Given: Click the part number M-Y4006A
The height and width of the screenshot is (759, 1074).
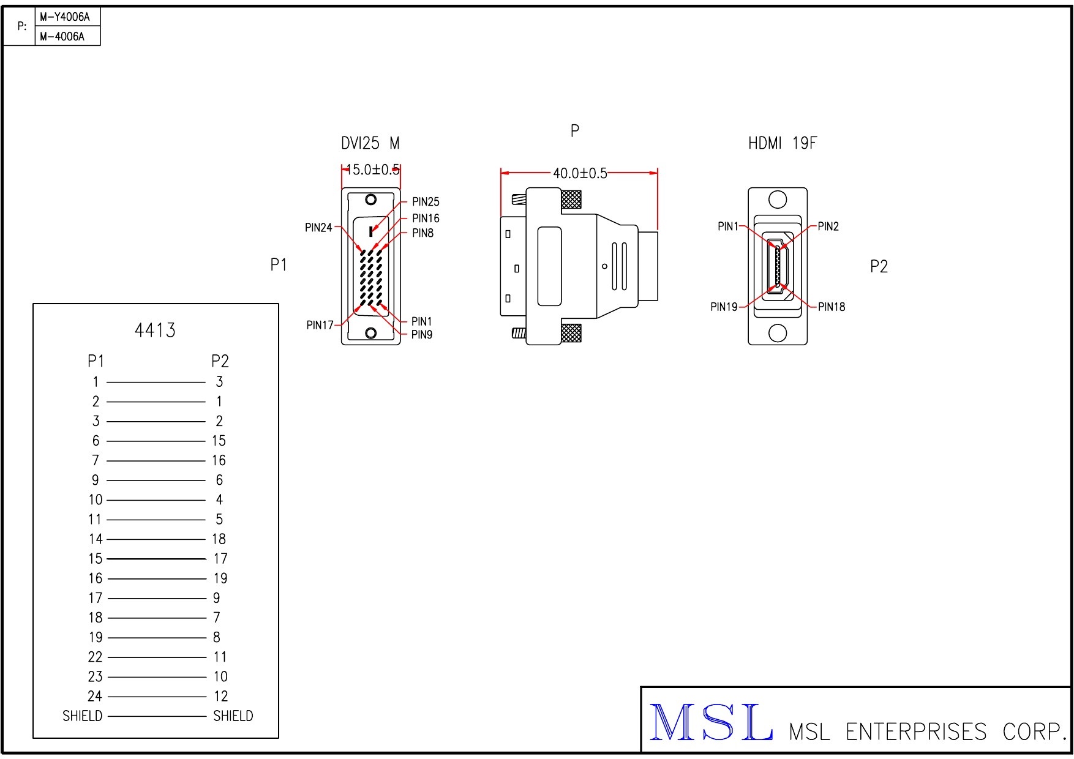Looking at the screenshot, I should (x=64, y=17).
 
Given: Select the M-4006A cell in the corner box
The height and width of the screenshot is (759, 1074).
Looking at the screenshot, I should (x=62, y=36).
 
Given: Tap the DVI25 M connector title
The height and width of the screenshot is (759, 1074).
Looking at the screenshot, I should (x=370, y=143).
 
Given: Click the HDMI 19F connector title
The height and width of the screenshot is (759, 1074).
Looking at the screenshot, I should (x=782, y=143).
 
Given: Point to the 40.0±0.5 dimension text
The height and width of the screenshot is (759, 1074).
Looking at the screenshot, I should (x=579, y=173).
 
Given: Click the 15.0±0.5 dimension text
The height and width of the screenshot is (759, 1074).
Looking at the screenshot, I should (x=372, y=170).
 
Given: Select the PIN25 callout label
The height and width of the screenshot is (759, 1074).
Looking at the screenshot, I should (x=426, y=202).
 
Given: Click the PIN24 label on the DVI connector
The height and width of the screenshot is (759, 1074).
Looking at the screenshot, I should (x=318, y=228).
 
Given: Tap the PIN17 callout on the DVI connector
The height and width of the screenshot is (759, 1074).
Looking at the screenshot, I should (x=320, y=325).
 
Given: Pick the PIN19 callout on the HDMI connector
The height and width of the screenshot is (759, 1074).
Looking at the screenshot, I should (x=724, y=307).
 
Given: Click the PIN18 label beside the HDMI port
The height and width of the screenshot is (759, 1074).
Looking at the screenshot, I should (x=831, y=307).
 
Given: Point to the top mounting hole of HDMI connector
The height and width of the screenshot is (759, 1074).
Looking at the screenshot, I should (x=777, y=200).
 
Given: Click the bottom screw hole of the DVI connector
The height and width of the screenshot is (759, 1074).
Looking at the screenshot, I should (x=370, y=332).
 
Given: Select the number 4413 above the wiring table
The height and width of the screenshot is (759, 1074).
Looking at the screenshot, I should (x=155, y=331).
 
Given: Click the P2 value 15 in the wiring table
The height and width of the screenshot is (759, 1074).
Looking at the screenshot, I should (x=219, y=441).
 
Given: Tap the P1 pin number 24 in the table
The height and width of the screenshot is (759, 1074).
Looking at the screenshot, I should (x=95, y=696).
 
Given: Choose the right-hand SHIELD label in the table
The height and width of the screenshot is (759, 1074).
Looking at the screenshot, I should (x=233, y=716).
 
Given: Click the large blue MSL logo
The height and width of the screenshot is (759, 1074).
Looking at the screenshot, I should (x=710, y=723).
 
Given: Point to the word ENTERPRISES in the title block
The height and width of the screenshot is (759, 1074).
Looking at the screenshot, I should (x=915, y=731).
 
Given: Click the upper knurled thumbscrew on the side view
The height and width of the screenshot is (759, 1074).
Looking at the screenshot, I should (x=571, y=200).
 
